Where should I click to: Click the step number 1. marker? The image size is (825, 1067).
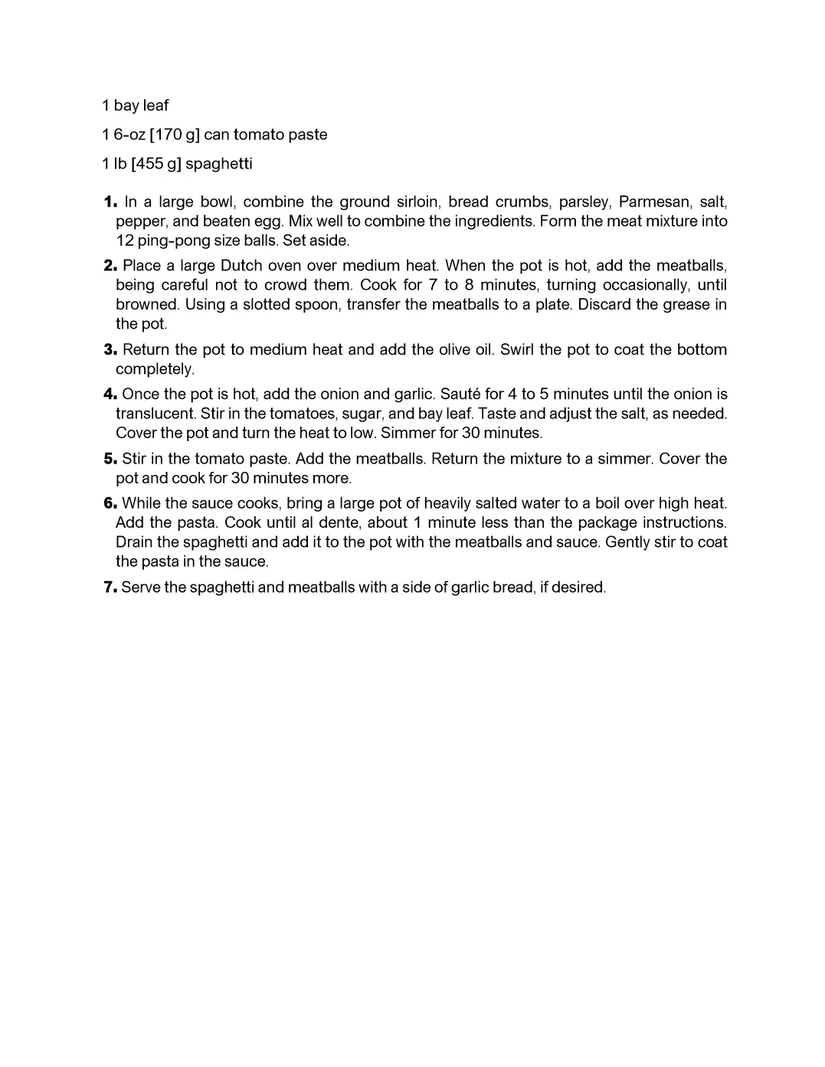pyautogui.click(x=110, y=202)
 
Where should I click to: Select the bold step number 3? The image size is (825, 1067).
pyautogui.click(x=110, y=350)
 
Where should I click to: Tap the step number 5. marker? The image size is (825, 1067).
pyautogui.click(x=110, y=459)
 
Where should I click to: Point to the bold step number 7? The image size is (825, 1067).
pyautogui.click(x=110, y=588)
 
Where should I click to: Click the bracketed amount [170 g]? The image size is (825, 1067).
pyautogui.click(x=175, y=135)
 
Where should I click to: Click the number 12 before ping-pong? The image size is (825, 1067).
pyautogui.click(x=124, y=241)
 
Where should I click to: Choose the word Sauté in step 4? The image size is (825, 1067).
pyautogui.click(x=460, y=394)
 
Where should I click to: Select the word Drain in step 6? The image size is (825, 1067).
pyautogui.click(x=134, y=542)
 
